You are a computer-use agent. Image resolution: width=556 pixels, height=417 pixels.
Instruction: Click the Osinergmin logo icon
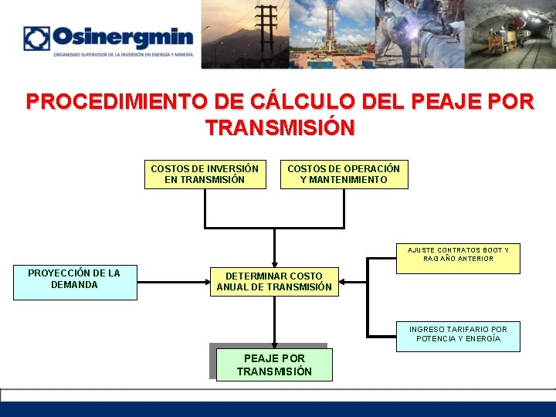[36, 39]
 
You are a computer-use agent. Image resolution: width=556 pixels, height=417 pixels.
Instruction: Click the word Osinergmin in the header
[123, 37]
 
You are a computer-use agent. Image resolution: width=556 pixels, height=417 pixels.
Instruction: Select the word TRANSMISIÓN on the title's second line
[280, 127]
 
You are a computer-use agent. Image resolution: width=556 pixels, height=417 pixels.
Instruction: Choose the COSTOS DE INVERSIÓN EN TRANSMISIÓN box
[205, 175]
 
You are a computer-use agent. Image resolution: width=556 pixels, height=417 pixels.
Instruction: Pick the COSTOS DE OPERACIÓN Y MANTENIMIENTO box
[344, 175]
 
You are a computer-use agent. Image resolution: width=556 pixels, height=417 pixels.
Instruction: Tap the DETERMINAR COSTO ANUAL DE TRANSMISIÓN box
[274, 282]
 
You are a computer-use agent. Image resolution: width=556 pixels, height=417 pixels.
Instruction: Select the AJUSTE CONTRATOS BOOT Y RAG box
[458, 255]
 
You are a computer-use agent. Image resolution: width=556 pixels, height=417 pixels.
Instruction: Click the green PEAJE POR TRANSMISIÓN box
[274, 365]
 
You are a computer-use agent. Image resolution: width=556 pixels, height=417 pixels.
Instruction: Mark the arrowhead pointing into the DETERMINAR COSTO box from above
[274, 263]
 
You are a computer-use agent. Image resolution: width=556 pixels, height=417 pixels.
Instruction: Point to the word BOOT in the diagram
[491, 250]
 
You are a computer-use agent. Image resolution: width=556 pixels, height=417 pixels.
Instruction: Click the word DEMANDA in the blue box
[74, 285]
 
